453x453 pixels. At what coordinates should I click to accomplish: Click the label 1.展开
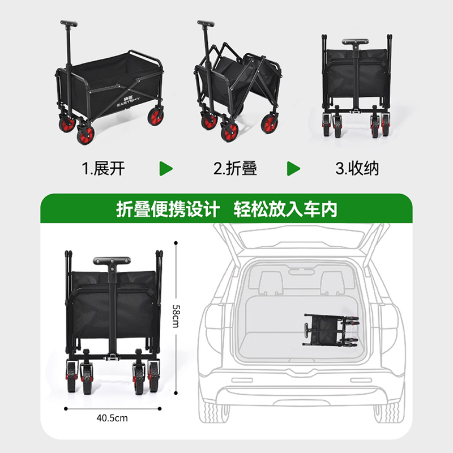103,168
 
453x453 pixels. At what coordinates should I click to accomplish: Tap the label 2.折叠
235,168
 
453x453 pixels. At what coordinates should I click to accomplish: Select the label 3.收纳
357,168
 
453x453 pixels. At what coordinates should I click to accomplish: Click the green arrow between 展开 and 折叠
166,169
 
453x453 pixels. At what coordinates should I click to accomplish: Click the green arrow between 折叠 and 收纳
293,169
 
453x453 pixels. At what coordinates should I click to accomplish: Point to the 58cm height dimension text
176,316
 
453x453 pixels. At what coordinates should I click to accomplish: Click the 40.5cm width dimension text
112,418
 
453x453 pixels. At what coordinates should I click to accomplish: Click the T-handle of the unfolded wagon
69,23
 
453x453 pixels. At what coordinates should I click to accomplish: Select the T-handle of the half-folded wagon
206,23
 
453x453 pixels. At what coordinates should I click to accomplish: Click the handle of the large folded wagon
112,261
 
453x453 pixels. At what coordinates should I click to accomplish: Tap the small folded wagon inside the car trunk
331,330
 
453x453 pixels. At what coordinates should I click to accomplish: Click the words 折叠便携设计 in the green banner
168,209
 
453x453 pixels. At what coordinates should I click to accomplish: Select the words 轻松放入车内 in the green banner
285,209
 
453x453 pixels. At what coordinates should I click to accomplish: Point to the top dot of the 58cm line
176,243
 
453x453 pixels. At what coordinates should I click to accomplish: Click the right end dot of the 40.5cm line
160,408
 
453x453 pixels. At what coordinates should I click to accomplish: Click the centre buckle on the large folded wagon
112,357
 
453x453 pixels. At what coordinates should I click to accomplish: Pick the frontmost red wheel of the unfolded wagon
86,135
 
